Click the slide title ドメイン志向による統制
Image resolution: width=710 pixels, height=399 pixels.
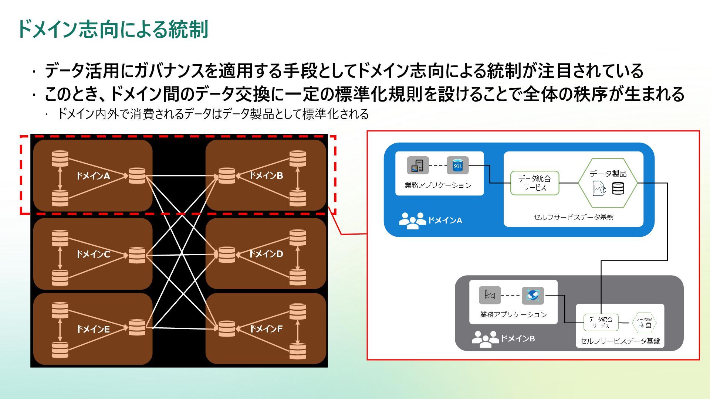113,30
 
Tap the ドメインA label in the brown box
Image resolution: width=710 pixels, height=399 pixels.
93,176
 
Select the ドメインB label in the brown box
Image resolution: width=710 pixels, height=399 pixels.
266,175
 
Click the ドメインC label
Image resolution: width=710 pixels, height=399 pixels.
93,254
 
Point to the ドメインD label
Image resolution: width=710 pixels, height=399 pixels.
266,254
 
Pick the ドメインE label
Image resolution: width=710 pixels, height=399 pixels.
93,329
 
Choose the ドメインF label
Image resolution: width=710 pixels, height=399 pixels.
266,328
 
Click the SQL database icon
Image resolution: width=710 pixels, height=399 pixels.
457,166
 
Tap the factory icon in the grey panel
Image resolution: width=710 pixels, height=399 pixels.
490,295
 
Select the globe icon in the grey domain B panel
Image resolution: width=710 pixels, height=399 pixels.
532,295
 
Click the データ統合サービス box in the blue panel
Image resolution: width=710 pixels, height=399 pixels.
535,183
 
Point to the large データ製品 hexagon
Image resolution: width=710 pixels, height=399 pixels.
608,183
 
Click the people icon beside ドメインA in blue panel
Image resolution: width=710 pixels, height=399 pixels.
412,221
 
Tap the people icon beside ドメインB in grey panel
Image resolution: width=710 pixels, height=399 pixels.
485,339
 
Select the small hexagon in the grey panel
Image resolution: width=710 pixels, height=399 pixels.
644,323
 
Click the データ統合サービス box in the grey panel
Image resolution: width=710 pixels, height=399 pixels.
601,323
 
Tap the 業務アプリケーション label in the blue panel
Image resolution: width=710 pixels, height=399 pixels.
438,185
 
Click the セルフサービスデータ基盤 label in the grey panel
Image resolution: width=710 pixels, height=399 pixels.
620,341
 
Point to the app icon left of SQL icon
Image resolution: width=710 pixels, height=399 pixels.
418,165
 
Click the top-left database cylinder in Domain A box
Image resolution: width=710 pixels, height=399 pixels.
60,158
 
